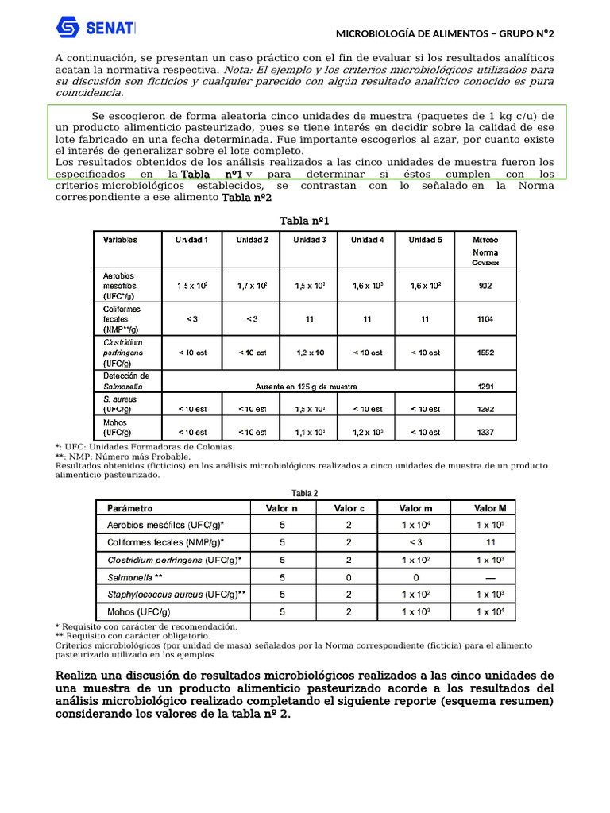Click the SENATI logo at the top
(95, 29)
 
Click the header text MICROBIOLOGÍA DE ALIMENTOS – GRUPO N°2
(445, 33)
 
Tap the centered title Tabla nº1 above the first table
(304, 220)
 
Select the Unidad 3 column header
(309, 240)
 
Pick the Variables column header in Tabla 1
(120, 240)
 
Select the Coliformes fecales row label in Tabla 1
(121, 318)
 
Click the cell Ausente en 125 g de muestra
(306, 387)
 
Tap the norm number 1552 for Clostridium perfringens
(485, 352)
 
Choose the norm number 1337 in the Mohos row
(485, 432)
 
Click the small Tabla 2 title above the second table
(304, 492)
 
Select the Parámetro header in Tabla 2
(130, 508)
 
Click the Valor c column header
(349, 508)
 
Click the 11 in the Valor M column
(490, 542)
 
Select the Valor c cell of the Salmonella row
(349, 577)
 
